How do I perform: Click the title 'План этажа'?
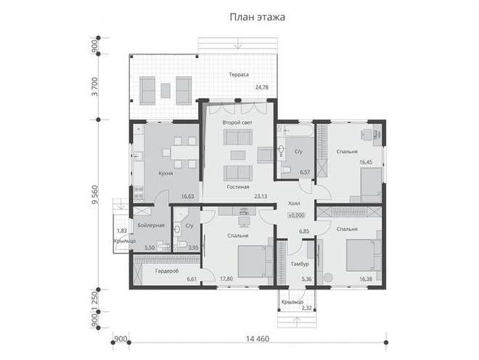(257, 17)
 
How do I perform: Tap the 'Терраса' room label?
(239, 75)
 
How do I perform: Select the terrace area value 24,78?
(262, 87)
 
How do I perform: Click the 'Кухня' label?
(166, 173)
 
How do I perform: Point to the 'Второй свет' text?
(237, 123)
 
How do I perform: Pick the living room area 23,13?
(261, 196)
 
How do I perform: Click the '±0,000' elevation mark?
(296, 215)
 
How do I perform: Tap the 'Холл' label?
(294, 203)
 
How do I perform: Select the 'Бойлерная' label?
(151, 225)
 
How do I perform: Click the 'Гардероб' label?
(167, 271)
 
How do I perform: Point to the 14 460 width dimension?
(258, 339)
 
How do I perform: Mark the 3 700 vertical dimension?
(94, 87)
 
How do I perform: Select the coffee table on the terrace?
(165, 91)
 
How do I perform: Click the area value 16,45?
(366, 163)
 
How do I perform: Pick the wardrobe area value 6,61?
(192, 279)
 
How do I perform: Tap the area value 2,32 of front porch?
(307, 308)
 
